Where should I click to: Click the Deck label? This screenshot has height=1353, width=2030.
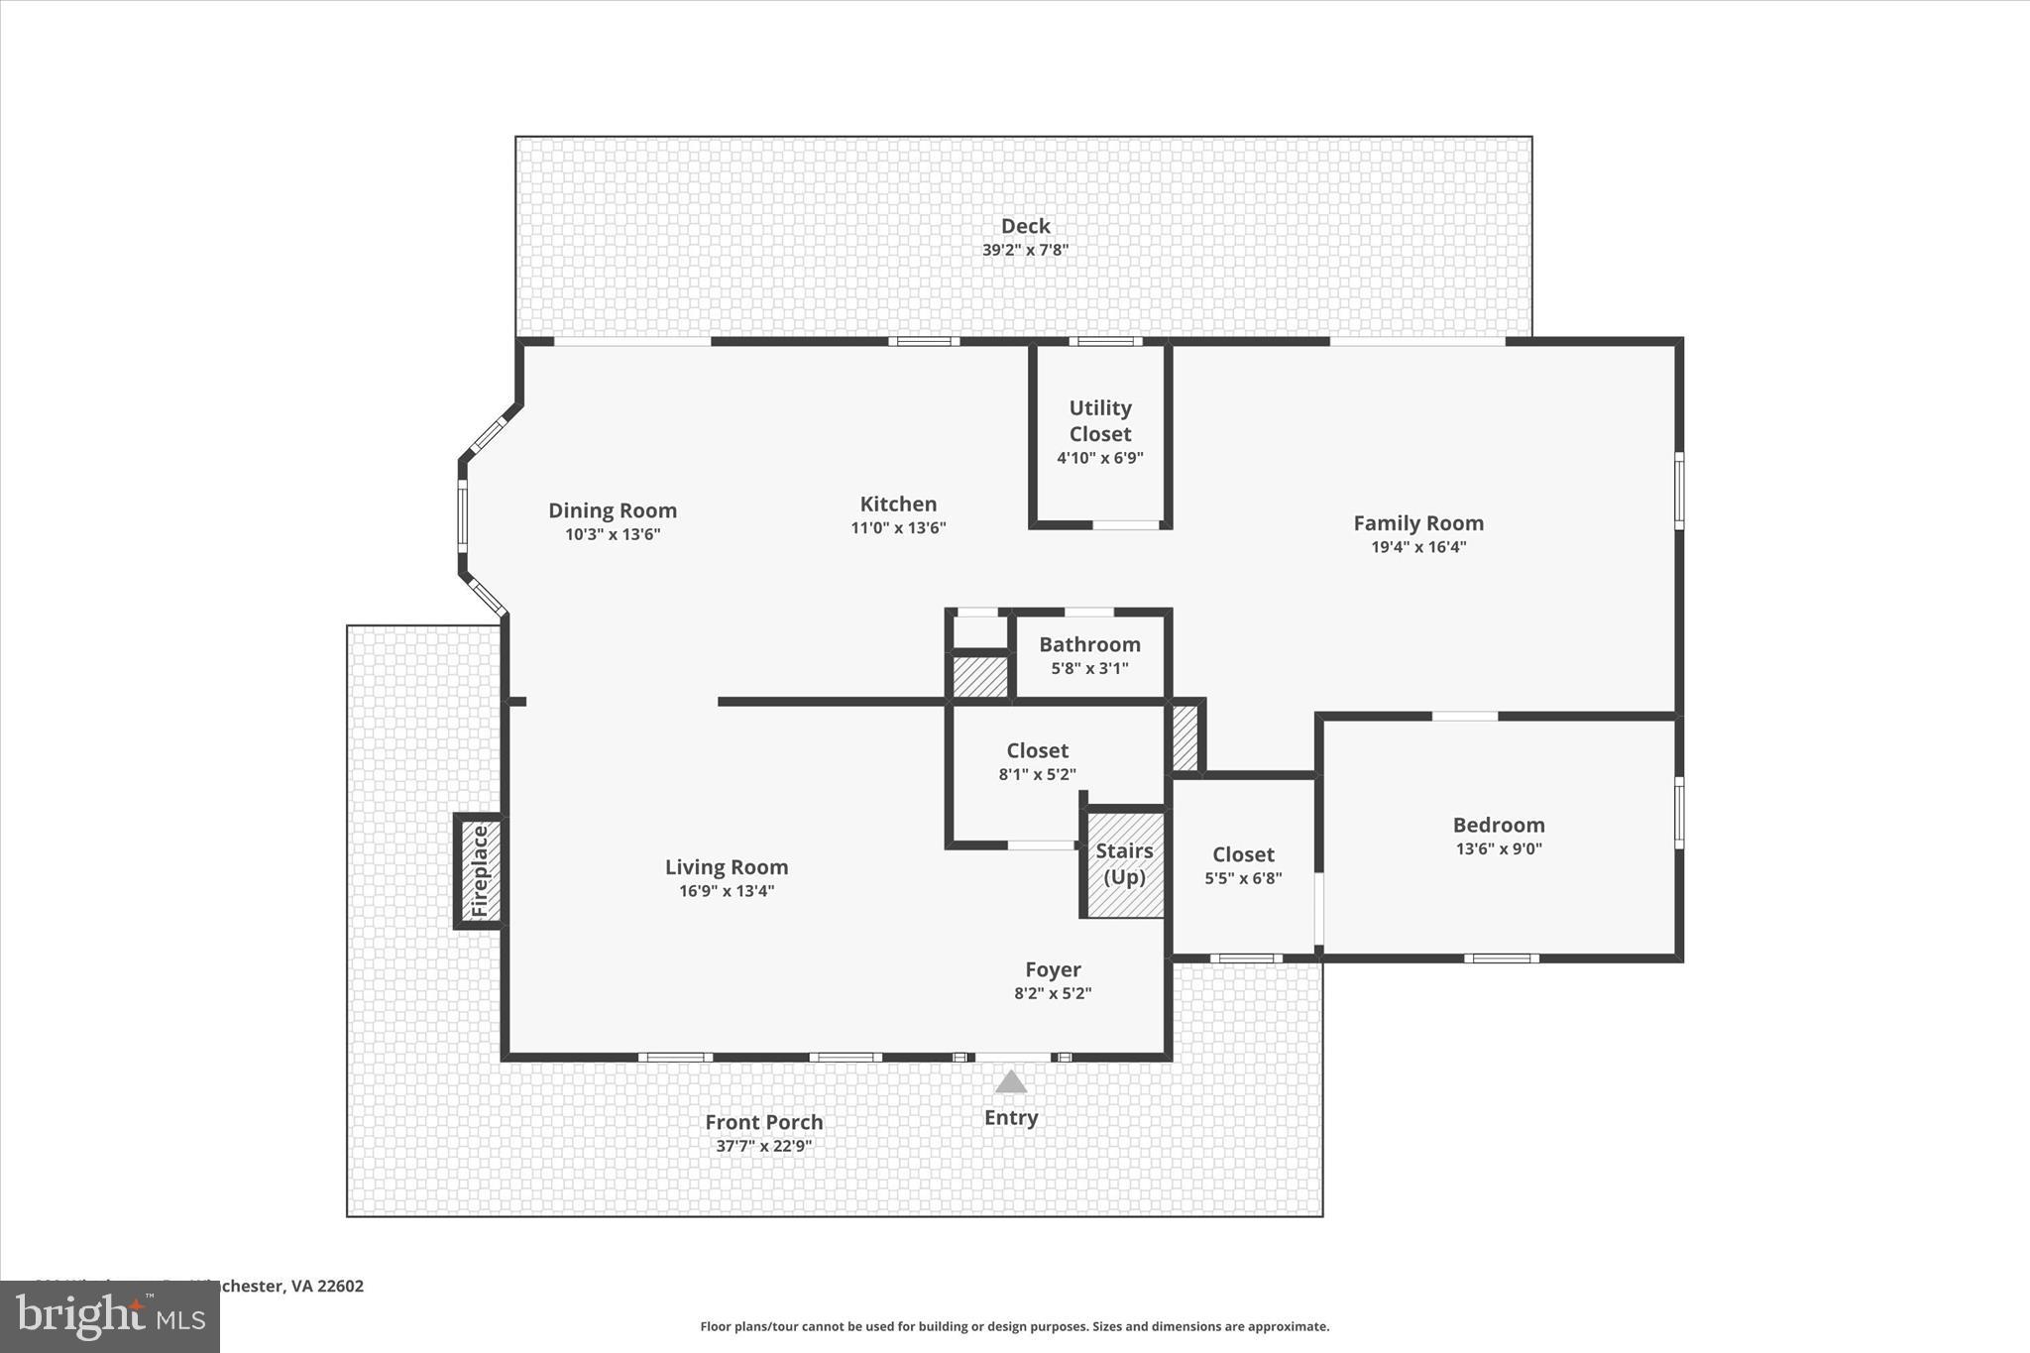tap(1025, 227)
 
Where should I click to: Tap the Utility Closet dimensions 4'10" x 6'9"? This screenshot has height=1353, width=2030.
tap(1099, 458)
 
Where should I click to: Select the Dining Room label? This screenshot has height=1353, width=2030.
tap(613, 510)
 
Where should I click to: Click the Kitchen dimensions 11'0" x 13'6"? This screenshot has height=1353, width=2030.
tap(898, 528)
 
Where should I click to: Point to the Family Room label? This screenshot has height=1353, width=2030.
tap(1418, 523)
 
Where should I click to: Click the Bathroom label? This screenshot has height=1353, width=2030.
tap(1089, 644)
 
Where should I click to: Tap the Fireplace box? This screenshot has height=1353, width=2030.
tap(480, 871)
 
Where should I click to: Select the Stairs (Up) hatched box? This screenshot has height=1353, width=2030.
tap(1124, 864)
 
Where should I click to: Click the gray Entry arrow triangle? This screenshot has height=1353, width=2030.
tap(1010, 1081)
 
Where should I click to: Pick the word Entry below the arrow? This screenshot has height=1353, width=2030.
tap(1010, 1118)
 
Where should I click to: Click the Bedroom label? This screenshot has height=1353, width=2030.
tap(1498, 825)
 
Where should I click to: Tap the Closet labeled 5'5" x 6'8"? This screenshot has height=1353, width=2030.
tap(1243, 865)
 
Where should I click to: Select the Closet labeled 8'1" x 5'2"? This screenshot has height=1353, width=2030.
tap(1037, 761)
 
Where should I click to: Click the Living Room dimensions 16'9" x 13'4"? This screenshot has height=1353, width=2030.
tap(727, 891)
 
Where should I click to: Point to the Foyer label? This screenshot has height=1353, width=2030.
tap(1053, 969)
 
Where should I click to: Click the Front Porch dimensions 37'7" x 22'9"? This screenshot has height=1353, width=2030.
tap(763, 1146)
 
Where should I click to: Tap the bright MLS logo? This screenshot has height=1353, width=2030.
tap(110, 1316)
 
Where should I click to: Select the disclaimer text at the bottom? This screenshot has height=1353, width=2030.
tap(1014, 1326)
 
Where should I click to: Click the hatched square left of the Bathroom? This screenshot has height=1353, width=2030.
tap(979, 676)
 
